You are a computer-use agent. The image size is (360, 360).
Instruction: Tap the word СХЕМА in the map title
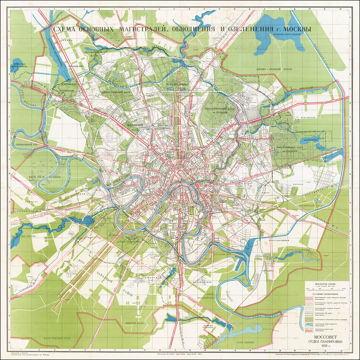coord(66,30)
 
